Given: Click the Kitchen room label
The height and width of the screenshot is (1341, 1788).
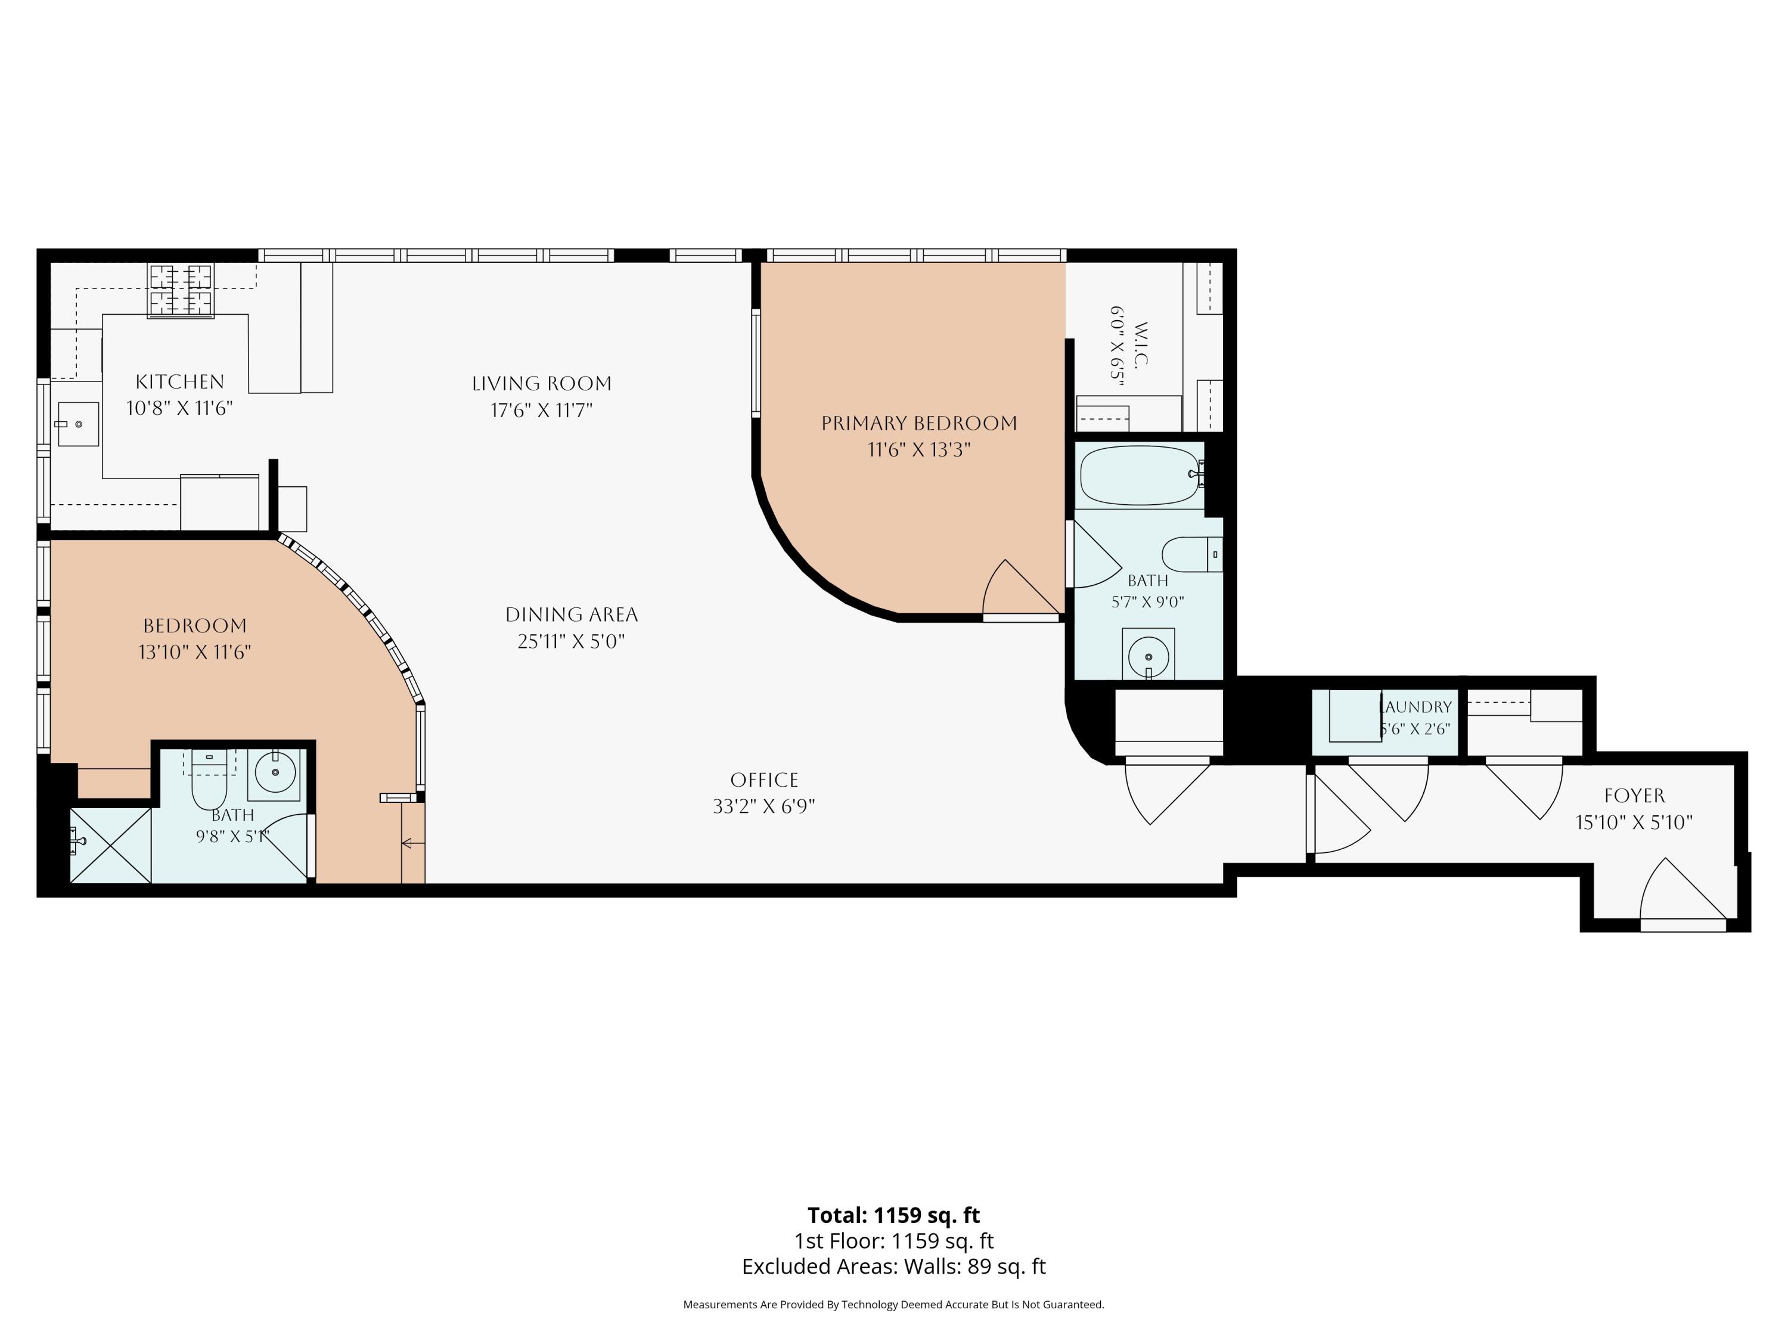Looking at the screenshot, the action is pyautogui.click(x=179, y=381).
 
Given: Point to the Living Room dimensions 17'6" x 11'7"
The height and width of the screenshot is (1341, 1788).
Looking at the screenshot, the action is pyautogui.click(x=542, y=410).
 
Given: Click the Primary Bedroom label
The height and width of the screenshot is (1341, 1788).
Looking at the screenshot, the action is pyautogui.click(x=919, y=423).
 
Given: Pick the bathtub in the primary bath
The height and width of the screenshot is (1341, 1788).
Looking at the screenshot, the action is pyautogui.click(x=1140, y=475).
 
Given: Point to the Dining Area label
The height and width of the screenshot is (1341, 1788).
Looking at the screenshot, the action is pyautogui.click(x=572, y=614).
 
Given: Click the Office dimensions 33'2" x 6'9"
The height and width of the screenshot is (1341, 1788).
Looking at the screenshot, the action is pyautogui.click(x=764, y=806).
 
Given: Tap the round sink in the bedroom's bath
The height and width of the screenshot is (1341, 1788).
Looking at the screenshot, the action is pyautogui.click(x=275, y=773).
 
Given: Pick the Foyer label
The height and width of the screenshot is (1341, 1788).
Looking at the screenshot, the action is pyautogui.click(x=1634, y=796).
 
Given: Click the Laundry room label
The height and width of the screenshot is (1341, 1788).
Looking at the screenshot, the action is pyautogui.click(x=1415, y=706).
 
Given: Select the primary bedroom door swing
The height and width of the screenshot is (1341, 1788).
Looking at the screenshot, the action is pyautogui.click(x=1020, y=588).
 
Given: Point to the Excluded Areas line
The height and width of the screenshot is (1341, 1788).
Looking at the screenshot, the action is pyautogui.click(x=894, y=1266).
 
